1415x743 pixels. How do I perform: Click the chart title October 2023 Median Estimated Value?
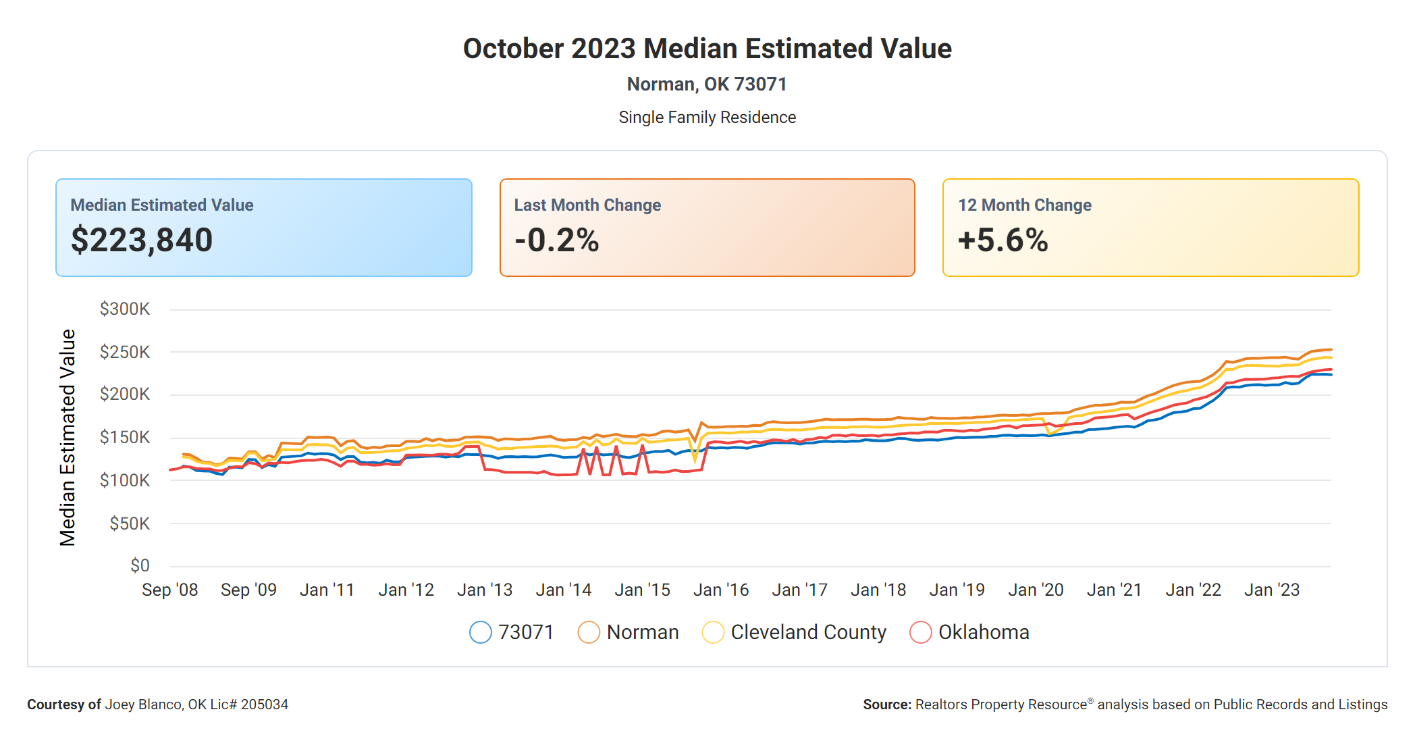(x=707, y=49)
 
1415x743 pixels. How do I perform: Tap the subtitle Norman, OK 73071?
(x=707, y=84)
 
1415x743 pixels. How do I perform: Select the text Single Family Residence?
(x=707, y=118)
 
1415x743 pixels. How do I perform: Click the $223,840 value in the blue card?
(x=142, y=240)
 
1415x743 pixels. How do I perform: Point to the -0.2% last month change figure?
(x=556, y=240)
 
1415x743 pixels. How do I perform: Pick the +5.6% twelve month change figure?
(x=1003, y=240)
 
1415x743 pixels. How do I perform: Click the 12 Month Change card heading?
(x=1024, y=205)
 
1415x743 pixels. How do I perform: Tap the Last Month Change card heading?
(x=587, y=205)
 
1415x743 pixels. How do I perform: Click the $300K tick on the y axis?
(x=125, y=309)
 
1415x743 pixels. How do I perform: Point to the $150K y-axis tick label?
(x=125, y=438)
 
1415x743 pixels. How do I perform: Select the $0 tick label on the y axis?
(x=140, y=565)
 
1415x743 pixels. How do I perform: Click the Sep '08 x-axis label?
(x=170, y=590)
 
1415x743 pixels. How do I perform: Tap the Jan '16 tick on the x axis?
(x=721, y=590)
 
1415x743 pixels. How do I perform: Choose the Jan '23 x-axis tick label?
(x=1272, y=590)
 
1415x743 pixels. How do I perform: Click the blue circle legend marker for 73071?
(x=481, y=632)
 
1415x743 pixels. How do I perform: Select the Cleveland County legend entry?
(x=808, y=632)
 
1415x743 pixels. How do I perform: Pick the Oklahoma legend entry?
(x=983, y=632)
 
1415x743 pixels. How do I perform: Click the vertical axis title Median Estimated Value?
(x=68, y=438)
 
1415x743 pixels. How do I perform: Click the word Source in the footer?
(x=886, y=704)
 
